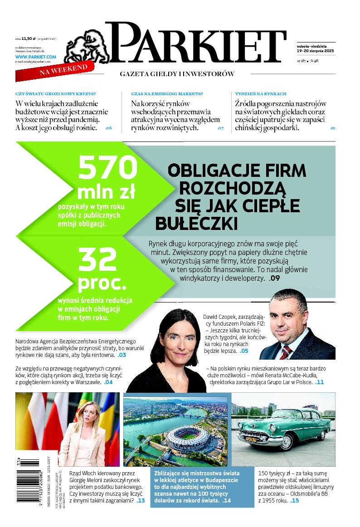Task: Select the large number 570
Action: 107,168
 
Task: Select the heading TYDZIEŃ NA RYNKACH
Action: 261,93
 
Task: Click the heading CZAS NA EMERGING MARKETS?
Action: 167,93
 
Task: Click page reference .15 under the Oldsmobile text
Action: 295,501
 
